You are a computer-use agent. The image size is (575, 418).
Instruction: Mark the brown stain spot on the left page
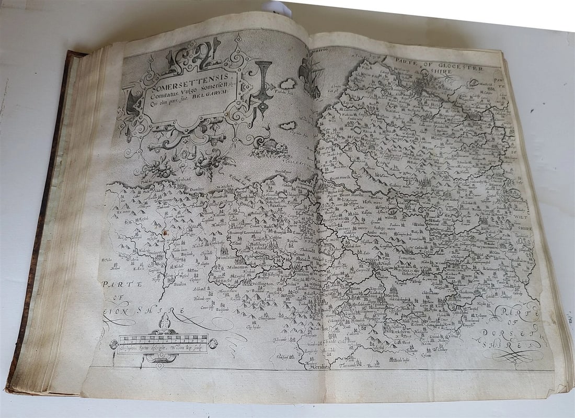pyautogui.click(x=165, y=232)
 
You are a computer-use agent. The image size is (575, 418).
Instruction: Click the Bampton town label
pyautogui.click(x=180, y=283)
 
